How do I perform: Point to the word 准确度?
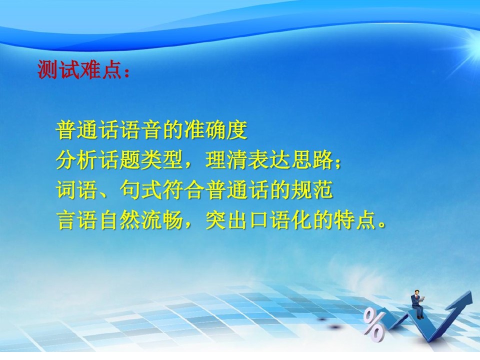[215, 130]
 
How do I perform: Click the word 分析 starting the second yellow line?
[77, 160]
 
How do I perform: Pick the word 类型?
[162, 160]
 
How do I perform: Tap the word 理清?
[226, 160]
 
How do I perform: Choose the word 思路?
[311, 160]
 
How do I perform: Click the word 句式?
[141, 190]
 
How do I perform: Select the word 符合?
[183, 190]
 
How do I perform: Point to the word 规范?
[311, 190]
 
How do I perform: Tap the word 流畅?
[162, 220]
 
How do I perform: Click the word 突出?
[226, 220]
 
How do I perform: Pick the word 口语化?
[279, 220]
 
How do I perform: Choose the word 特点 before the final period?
[354, 220]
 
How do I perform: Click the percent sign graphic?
[373, 324]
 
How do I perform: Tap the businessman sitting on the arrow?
[417, 304]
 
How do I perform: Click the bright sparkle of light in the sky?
[471, 48]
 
